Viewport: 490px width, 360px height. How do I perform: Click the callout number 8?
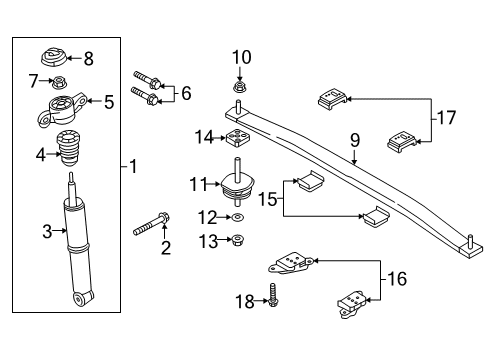click(88, 59)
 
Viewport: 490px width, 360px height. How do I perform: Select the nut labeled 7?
click(62, 81)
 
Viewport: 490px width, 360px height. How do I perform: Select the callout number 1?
click(132, 166)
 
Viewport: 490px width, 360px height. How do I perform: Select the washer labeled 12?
click(239, 217)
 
